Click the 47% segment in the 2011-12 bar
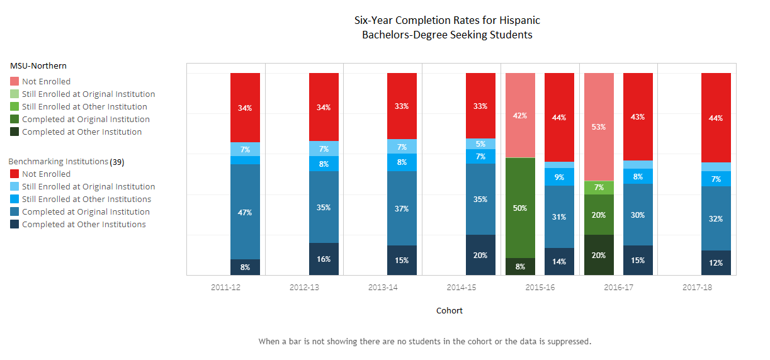pos(245,212)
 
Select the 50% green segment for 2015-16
pos(520,208)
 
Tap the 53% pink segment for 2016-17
pos(599,127)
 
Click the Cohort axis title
pos(449,310)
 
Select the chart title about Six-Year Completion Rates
pos(447,28)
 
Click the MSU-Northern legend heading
pos(38,65)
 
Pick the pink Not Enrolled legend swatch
pos(14,81)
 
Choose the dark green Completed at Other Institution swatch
pos(14,132)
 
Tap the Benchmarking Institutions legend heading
pos(58,162)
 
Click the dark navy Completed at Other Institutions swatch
pos(14,225)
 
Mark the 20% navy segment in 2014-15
pos(480,255)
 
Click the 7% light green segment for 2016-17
pos(599,188)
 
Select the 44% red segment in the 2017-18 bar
pos(716,118)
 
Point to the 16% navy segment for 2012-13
pos(324,259)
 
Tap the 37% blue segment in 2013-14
pos(402,208)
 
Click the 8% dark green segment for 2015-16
pos(520,267)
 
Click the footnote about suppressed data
pos(425,342)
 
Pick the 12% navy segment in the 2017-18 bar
pos(716,263)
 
